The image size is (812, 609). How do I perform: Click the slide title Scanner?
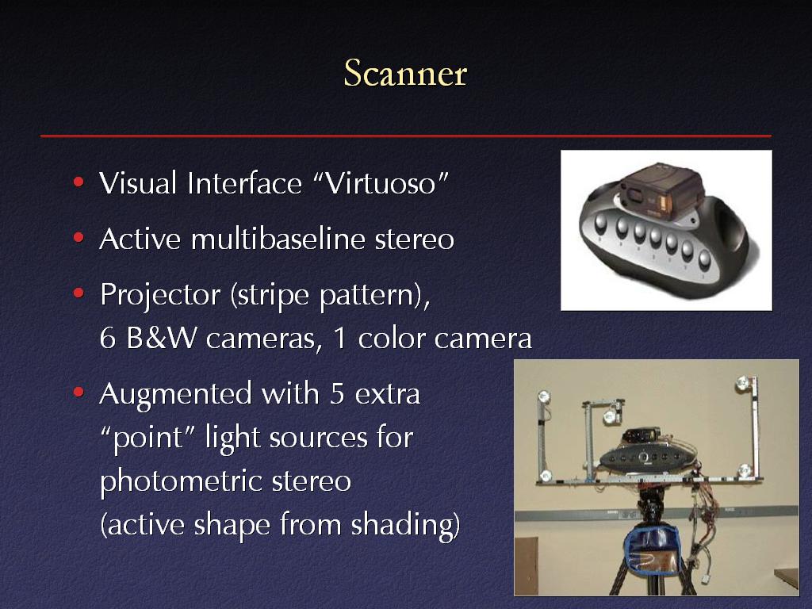405,73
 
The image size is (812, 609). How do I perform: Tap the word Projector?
160,295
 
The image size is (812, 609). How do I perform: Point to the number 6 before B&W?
108,338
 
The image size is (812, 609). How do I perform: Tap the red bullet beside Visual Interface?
79,182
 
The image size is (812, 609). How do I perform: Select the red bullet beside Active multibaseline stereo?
79,238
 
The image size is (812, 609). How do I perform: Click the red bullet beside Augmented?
79,392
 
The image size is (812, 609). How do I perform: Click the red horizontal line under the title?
406,136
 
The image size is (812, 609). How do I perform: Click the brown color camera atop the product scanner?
662,187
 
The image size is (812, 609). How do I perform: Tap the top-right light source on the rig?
742,384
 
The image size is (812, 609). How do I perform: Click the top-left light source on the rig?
544,396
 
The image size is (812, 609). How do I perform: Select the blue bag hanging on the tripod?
652,549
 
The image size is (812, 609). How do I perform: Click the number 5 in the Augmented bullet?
337,393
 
